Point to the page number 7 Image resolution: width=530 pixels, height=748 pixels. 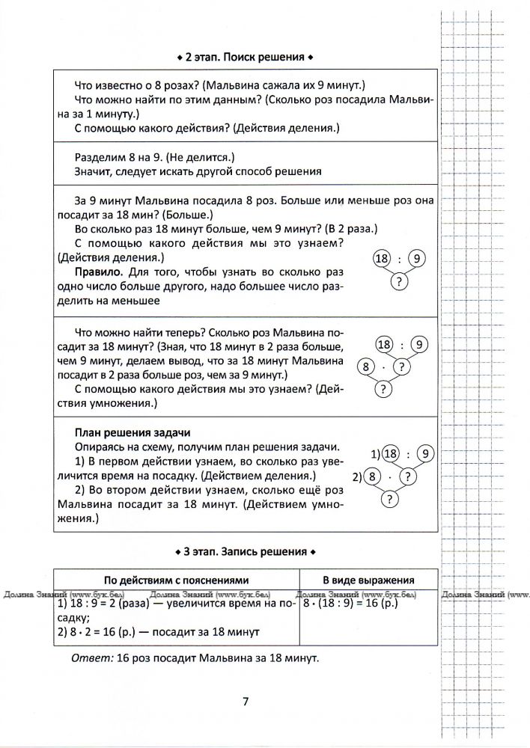246,701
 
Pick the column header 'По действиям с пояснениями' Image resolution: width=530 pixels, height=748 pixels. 176,580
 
